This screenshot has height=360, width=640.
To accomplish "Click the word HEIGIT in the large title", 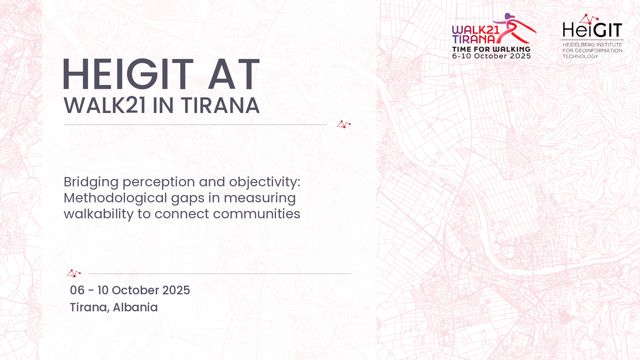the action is click(128, 74).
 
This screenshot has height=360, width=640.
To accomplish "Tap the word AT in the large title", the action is click(233, 74).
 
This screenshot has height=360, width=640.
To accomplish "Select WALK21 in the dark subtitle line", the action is click(105, 106).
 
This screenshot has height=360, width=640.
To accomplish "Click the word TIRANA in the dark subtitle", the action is click(220, 106).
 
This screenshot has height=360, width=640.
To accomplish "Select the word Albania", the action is click(135, 307).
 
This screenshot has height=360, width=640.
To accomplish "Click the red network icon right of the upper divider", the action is click(344, 124).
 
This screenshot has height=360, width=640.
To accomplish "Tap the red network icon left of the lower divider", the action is click(74, 273).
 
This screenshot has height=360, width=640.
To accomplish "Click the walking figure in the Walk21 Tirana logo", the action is click(515, 28).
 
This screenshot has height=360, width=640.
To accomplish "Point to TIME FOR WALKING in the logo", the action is click(491, 49).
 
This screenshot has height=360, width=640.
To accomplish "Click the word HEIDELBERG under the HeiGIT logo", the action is click(578, 45).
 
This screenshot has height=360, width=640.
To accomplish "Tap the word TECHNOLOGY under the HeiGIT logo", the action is click(580, 56).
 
